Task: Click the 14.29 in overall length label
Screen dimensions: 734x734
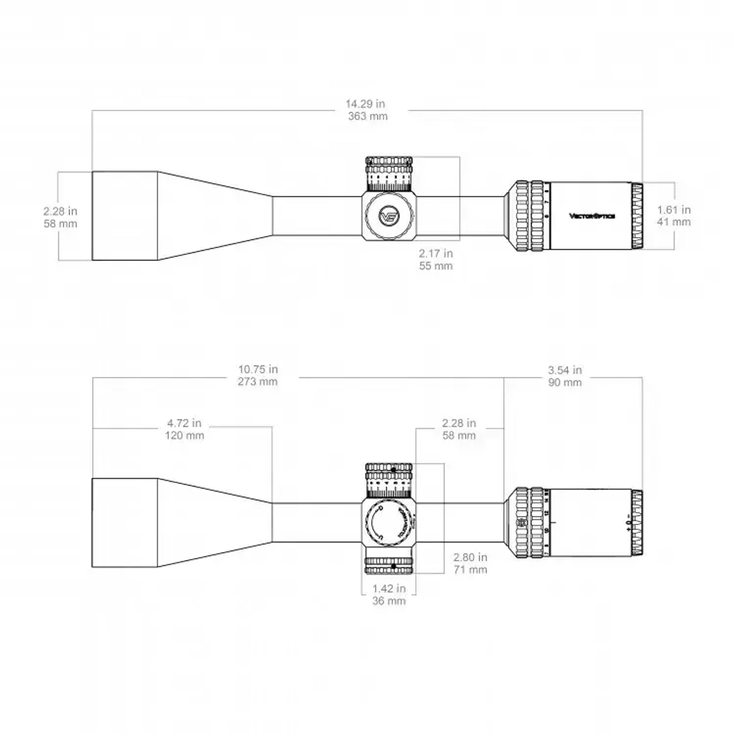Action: [368, 104]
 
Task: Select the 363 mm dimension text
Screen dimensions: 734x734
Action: [368, 116]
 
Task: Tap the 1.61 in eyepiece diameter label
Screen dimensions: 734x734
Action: [673, 210]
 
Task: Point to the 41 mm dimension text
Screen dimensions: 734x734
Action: [673, 222]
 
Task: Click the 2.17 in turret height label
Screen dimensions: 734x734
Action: [435, 253]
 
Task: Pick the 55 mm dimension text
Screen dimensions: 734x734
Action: [435, 266]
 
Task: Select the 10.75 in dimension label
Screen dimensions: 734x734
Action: [258, 370]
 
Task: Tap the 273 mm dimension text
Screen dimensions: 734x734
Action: [258, 382]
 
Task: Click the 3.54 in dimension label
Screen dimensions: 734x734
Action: [565, 370]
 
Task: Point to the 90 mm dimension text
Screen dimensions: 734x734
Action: [565, 382]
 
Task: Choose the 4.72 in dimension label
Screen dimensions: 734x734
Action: [185, 424]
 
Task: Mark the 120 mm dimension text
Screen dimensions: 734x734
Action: [185, 435]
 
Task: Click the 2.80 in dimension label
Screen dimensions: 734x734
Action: [470, 558]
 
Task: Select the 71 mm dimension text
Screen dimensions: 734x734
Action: [470, 570]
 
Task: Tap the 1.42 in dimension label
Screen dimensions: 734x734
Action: [389, 589]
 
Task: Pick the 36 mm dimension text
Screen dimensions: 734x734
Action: [389, 601]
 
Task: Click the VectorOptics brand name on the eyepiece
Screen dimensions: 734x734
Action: [593, 215]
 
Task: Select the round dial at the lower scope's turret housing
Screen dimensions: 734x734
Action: [387, 523]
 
